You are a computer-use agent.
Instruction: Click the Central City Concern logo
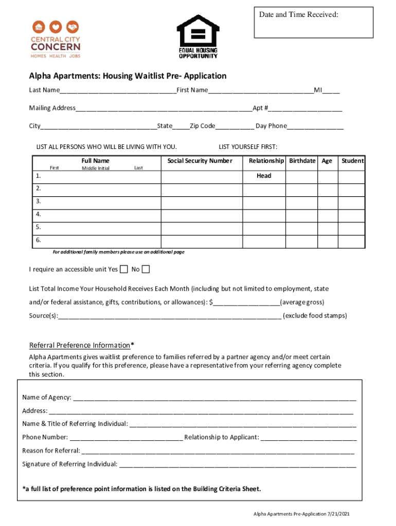[56, 39]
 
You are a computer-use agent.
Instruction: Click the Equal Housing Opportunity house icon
[198, 31]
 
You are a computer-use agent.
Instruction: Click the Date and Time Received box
[313, 23]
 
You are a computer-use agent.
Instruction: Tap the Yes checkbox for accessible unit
[123, 269]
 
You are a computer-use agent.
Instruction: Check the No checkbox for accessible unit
[146, 269]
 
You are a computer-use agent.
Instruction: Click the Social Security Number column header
[200, 161]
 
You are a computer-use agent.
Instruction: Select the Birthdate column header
[302, 161]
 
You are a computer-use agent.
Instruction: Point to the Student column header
[352, 161]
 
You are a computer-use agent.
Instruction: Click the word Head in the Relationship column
[264, 176]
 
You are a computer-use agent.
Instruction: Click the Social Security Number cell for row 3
[201, 202]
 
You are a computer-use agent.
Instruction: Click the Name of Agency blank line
[214, 398]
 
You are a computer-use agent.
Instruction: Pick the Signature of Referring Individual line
[237, 465]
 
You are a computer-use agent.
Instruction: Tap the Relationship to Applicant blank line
[309, 438]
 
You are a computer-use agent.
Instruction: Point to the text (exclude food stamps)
[315, 315]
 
